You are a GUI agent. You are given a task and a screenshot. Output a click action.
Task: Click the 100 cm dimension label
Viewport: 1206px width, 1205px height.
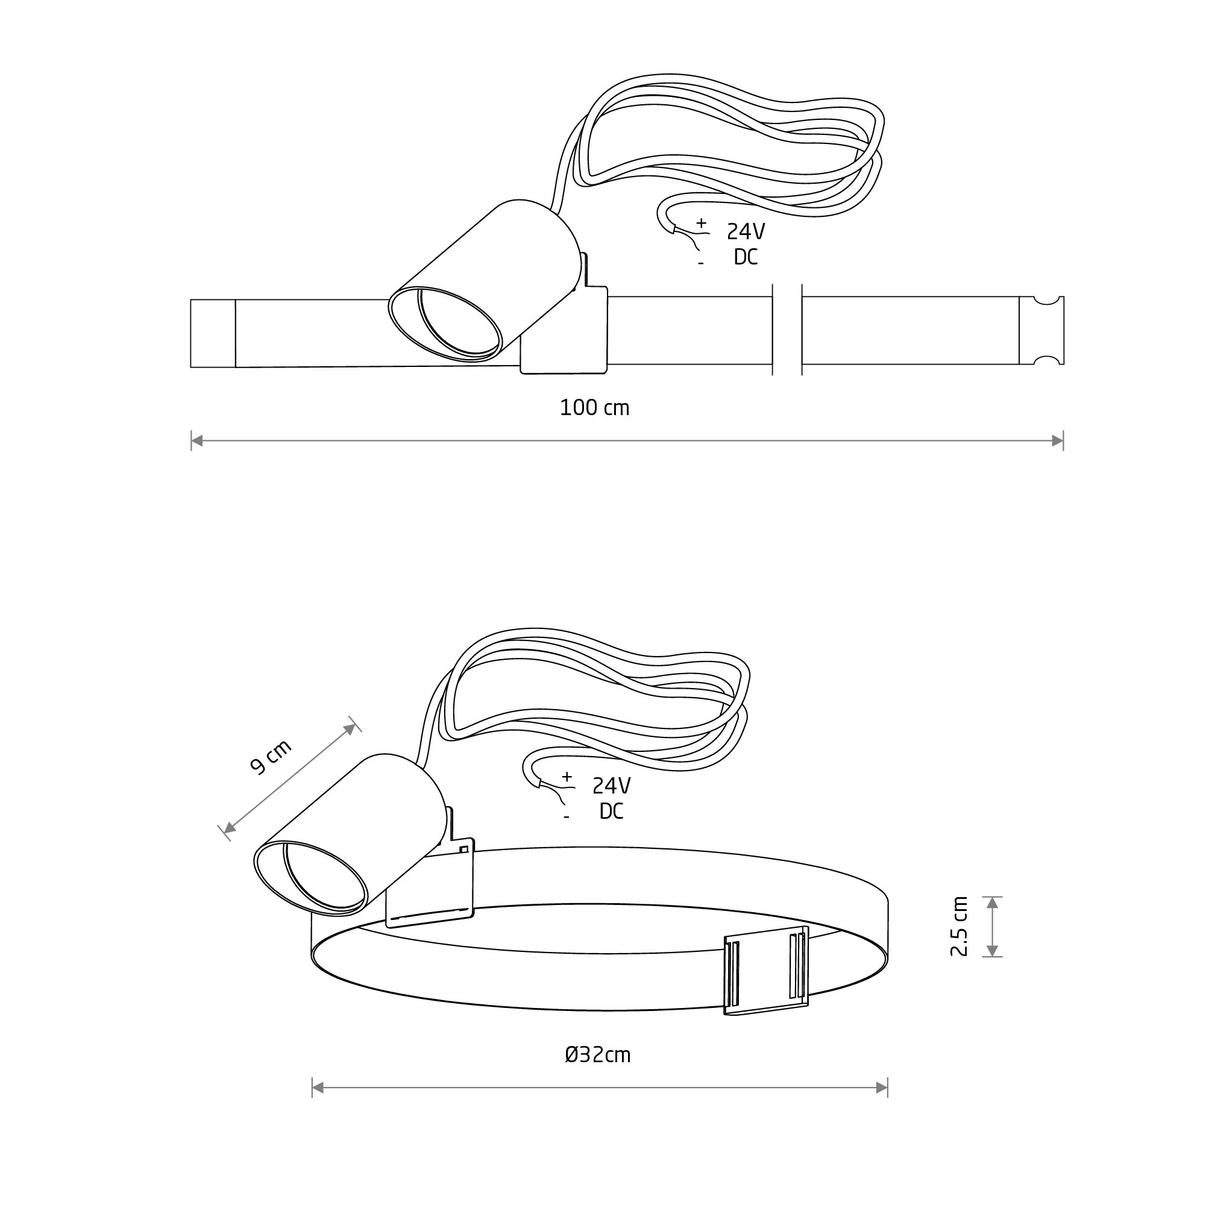click(x=594, y=408)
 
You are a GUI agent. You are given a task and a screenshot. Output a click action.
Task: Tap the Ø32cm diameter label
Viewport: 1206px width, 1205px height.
click(x=597, y=1055)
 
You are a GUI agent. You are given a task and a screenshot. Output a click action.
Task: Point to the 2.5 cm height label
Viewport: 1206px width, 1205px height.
click(x=959, y=926)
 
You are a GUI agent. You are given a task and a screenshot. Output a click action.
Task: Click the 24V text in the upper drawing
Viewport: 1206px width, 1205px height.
click(x=746, y=231)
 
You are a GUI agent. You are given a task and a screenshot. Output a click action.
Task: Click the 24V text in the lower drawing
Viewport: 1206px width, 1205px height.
click(x=611, y=786)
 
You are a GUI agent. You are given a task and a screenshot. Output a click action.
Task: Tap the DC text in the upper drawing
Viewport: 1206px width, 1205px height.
click(x=746, y=257)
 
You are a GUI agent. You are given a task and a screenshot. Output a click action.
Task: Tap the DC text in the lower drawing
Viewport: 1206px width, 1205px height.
click(x=611, y=810)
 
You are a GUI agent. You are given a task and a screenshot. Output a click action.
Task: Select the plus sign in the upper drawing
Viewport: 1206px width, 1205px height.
click(x=702, y=223)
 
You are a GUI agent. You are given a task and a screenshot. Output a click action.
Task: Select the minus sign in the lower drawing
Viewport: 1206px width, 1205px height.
click(x=566, y=818)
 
